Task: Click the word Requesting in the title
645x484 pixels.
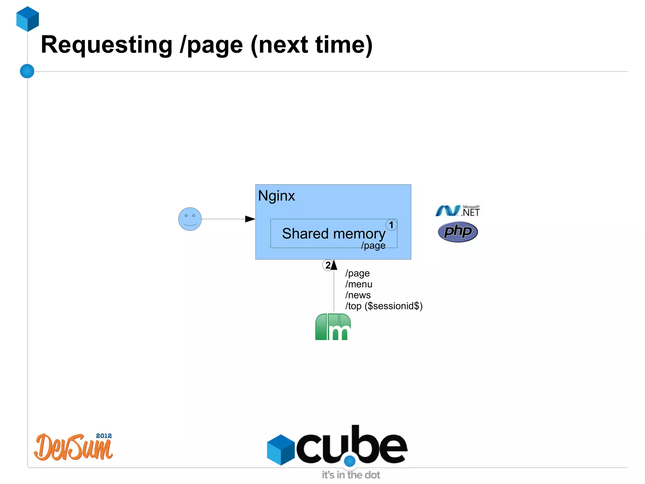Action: pyautogui.click(x=106, y=45)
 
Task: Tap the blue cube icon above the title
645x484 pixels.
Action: pyautogui.click(x=28, y=19)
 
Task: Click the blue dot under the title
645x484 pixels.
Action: pyautogui.click(x=27, y=71)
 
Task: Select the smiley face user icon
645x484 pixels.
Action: pyautogui.click(x=190, y=219)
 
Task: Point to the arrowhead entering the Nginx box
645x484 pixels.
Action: pyautogui.click(x=250, y=219)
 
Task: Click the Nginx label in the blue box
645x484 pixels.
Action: pyautogui.click(x=276, y=196)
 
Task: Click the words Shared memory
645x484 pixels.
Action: pyautogui.click(x=333, y=234)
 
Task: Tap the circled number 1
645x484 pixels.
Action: pyautogui.click(x=391, y=225)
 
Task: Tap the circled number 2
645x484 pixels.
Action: pyautogui.click(x=328, y=265)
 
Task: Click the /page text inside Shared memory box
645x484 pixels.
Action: pyautogui.click(x=373, y=245)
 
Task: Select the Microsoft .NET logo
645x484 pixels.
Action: pyautogui.click(x=457, y=211)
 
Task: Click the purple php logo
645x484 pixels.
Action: pyautogui.click(x=458, y=232)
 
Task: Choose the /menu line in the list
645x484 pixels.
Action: pyautogui.click(x=359, y=284)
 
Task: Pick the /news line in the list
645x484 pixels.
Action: pyautogui.click(x=358, y=295)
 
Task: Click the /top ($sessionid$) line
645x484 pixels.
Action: pyautogui.click(x=384, y=306)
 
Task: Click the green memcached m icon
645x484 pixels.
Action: pyautogui.click(x=333, y=327)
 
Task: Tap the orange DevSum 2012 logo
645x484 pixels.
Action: pyautogui.click(x=73, y=447)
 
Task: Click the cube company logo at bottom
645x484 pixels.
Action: pyautogui.click(x=337, y=446)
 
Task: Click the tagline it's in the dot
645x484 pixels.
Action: pyautogui.click(x=351, y=475)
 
